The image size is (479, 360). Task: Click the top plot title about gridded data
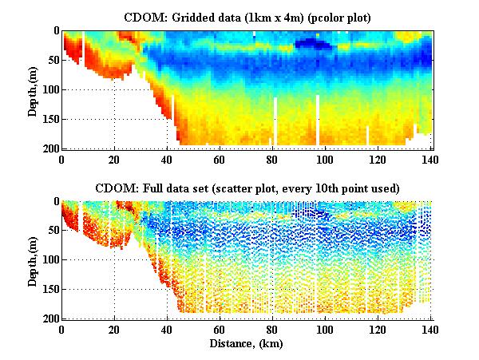pyautogui.click(x=246, y=17)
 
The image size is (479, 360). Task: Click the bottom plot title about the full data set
pyautogui.click(x=246, y=188)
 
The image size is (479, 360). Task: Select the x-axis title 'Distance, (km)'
pyautogui.click(x=246, y=343)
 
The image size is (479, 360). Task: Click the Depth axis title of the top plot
pyautogui.click(x=34, y=89)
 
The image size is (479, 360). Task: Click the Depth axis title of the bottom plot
pyautogui.click(x=34, y=260)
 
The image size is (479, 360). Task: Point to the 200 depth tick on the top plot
pyautogui.click(x=51, y=148)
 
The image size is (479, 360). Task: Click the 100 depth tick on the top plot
pyautogui.click(x=51, y=89)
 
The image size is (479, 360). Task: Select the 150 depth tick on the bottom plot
pyautogui.click(x=51, y=290)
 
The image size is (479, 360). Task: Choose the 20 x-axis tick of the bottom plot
pyautogui.click(x=114, y=328)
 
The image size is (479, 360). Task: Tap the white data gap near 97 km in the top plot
pyautogui.click(x=318, y=120)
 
